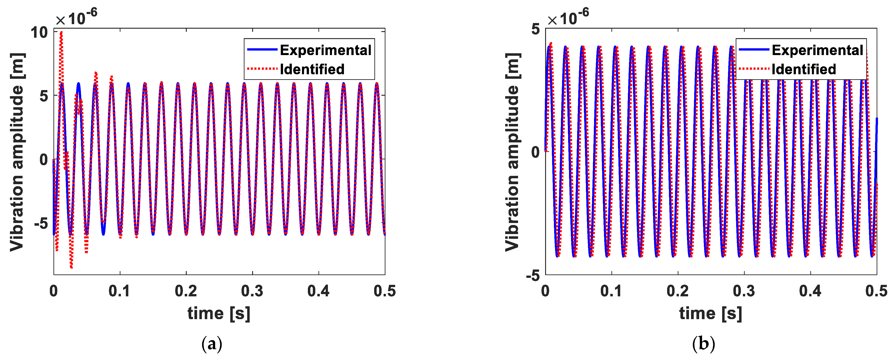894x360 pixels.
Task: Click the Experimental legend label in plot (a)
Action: pyautogui.click(x=325, y=50)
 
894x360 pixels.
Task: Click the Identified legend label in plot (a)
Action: pyautogui.click(x=312, y=70)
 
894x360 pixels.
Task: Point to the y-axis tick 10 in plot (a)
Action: pyautogui.click(x=39, y=33)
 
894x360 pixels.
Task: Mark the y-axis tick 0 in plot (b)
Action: pyautogui.click(x=535, y=152)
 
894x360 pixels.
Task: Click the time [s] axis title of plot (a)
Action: pyautogui.click(x=219, y=314)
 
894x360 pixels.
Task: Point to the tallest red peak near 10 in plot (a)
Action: pyautogui.click(x=61, y=32)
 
